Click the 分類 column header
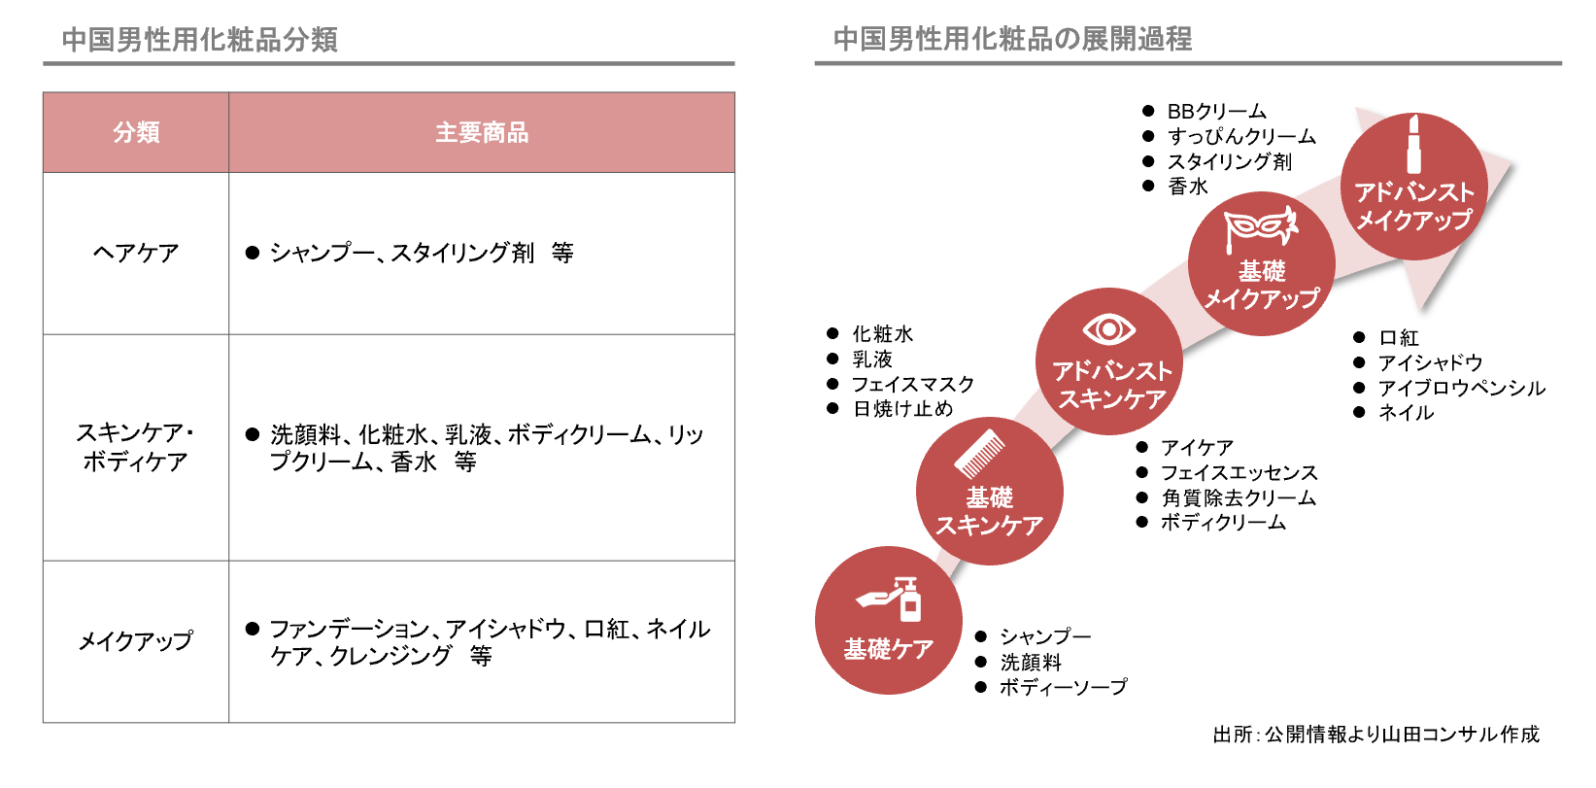point(136,132)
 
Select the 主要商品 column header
point(482,132)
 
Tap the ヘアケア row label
point(136,253)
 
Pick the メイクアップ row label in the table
point(136,641)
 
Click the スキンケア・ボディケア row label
point(136,447)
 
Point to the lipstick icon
point(1414,144)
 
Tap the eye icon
point(1108,329)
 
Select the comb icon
point(980,453)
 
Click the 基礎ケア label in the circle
point(889,649)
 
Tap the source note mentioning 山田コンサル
point(1375,735)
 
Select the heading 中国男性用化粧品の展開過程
point(1012,39)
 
